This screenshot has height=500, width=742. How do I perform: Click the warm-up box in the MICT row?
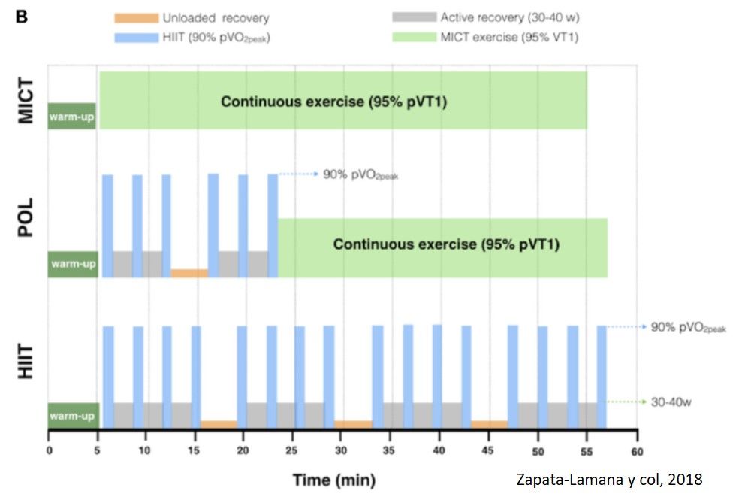point(72,116)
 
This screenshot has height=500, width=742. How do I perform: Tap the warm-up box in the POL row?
point(73,264)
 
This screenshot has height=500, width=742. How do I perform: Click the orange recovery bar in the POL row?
point(189,273)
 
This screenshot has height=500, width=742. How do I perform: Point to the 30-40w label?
point(671,402)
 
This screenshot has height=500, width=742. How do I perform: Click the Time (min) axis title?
point(333,479)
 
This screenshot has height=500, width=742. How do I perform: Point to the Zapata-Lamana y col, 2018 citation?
point(610,479)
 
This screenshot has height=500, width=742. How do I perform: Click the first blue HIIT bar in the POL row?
point(107,226)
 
